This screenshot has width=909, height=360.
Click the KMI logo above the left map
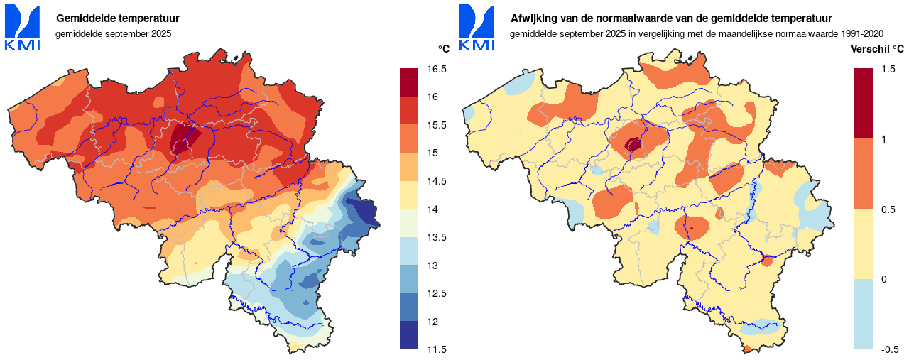23,27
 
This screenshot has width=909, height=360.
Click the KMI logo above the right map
477,27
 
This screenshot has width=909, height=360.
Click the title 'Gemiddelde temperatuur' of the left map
117,18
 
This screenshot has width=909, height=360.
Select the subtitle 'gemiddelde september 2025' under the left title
114,33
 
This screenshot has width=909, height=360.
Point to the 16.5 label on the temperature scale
437,69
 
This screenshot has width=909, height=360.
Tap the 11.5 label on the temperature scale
437,349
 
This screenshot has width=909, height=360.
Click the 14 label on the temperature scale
432,209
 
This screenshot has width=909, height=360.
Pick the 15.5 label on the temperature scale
437,125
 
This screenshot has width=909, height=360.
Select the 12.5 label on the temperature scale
437,293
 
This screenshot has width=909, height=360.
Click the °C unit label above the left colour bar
443,48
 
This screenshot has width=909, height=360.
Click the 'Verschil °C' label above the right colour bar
878,49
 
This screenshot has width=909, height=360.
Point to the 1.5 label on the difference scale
888,69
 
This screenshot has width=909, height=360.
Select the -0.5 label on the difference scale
889,349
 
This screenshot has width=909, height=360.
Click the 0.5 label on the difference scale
888,209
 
